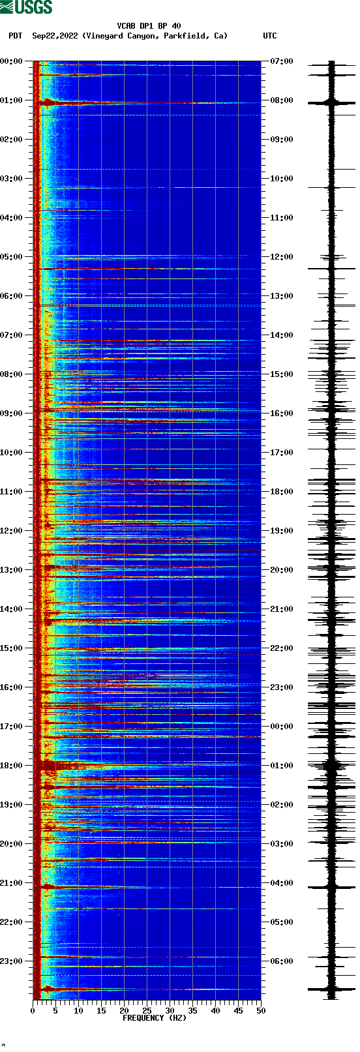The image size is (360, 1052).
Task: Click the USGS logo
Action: click(x=26, y=7)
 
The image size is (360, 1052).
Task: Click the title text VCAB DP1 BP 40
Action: click(x=149, y=26)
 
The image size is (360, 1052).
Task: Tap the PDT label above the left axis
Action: click(x=15, y=36)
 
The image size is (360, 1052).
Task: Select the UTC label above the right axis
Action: click(x=269, y=36)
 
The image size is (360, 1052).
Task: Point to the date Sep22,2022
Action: click(x=55, y=36)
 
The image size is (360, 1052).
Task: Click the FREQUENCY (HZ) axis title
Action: click(x=154, y=1017)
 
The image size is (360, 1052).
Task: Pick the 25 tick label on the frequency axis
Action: click(x=147, y=1011)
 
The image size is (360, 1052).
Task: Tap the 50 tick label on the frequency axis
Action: click(x=261, y=1011)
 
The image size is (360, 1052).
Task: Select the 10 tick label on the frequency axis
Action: click(x=78, y=1011)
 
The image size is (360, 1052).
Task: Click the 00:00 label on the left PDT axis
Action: click(x=11, y=61)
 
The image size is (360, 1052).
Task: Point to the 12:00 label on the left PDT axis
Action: click(x=11, y=531)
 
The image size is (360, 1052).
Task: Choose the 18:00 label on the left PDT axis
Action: click(x=11, y=766)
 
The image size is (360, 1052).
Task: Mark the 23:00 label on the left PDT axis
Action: click(x=11, y=961)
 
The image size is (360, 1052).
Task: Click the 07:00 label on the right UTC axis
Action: click(x=282, y=61)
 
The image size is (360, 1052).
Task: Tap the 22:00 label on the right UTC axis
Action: click(x=282, y=648)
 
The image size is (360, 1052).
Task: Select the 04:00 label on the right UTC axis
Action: click(x=282, y=883)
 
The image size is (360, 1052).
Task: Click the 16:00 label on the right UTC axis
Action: click(x=282, y=413)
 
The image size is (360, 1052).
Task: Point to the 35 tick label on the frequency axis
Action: click(x=192, y=1011)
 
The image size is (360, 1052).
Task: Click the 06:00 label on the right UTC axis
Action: click(x=282, y=961)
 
